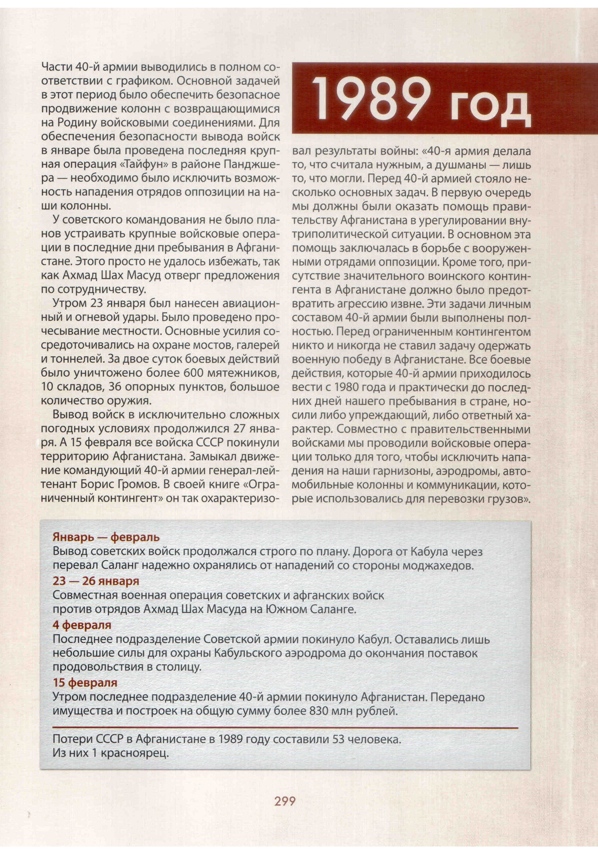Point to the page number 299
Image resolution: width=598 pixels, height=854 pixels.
(285, 801)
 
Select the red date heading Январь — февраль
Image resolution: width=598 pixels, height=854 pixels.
(106, 537)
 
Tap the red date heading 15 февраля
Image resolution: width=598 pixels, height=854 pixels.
(85, 682)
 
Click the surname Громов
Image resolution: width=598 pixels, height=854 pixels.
(139, 484)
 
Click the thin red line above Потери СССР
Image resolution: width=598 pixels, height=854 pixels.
(285, 727)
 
